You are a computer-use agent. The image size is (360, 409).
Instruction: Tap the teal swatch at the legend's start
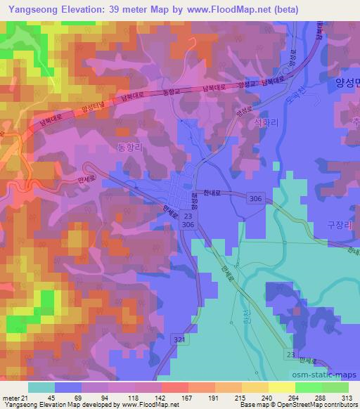pos(41,387)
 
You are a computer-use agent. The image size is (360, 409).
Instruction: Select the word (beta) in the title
pos(283,9)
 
